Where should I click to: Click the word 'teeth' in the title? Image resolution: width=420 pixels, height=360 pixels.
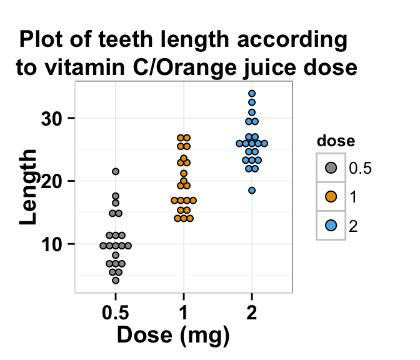[x=134, y=40]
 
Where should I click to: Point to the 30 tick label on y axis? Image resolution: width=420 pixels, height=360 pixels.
[x=53, y=118]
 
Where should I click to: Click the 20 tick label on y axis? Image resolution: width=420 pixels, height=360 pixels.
[x=53, y=181]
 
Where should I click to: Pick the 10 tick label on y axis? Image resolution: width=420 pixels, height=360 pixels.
[x=53, y=244]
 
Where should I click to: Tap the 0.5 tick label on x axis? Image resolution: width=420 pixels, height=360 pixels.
[x=116, y=311]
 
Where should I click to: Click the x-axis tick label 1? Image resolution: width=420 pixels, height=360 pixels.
[x=184, y=311]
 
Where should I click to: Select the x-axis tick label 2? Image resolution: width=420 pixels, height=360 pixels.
[x=252, y=311]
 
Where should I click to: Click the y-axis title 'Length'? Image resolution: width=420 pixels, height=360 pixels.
[x=29, y=187]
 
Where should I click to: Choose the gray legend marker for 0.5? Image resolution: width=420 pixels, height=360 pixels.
[x=331, y=167]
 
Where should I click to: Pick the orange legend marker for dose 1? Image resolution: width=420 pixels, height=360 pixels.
[x=331, y=197]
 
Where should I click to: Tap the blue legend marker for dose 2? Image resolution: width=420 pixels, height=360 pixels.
[x=331, y=226]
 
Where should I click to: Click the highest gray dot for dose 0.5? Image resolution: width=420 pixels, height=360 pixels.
[x=116, y=171]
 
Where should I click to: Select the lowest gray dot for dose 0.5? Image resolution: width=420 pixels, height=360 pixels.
[x=116, y=281]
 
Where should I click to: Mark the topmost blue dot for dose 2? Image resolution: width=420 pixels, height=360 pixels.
[x=252, y=94]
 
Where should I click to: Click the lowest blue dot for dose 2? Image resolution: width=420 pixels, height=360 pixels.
[x=252, y=191]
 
